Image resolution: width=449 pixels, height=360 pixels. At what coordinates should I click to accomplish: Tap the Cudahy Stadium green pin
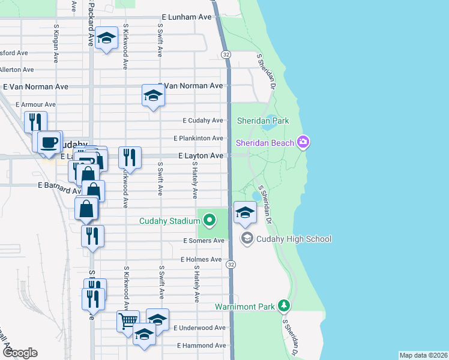click(209, 221)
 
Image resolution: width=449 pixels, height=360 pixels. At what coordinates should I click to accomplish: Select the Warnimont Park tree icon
click(285, 307)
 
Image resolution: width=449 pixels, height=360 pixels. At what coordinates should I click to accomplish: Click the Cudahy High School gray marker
click(246, 239)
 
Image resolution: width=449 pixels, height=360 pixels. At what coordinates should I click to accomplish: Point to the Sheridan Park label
click(263, 121)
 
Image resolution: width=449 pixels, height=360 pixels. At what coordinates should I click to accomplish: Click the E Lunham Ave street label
click(187, 17)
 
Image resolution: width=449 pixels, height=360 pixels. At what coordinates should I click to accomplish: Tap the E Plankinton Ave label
click(199, 138)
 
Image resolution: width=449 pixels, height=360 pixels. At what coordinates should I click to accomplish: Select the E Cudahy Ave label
click(202, 120)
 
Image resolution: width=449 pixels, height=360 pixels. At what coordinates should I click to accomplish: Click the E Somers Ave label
click(203, 241)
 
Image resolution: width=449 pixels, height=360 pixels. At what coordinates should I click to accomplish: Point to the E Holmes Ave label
click(201, 259)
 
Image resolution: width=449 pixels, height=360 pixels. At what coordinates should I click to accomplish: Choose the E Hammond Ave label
click(201, 346)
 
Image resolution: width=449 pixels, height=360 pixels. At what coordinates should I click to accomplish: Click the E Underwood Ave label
click(199, 328)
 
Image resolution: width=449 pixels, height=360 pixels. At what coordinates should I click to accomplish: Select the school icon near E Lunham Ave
click(106, 38)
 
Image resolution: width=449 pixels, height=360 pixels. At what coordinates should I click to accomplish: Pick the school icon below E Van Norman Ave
click(153, 95)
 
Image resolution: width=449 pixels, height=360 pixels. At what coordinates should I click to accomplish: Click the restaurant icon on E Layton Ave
click(130, 157)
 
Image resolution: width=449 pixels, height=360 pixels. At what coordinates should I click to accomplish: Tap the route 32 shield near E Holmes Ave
click(231, 263)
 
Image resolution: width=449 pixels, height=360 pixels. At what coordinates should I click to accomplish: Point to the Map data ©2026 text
click(423, 355)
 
